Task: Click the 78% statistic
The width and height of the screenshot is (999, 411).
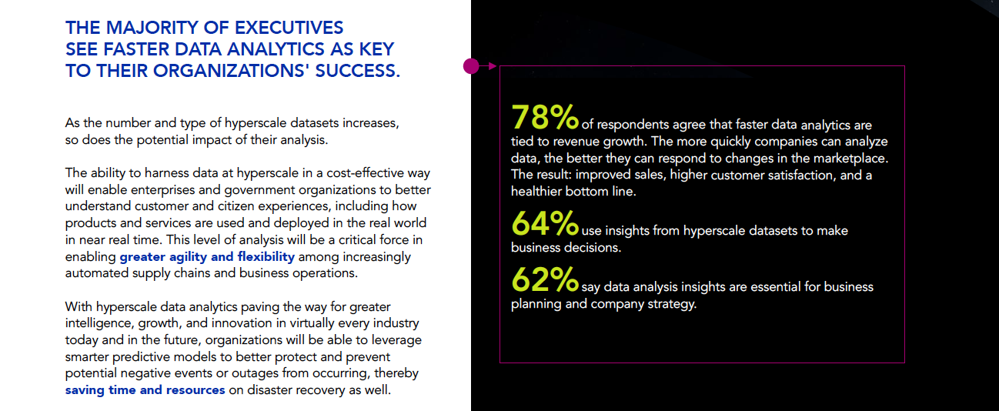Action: click(x=545, y=117)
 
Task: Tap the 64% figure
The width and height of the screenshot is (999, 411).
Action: click(x=545, y=223)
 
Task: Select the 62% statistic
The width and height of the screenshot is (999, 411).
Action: click(x=545, y=279)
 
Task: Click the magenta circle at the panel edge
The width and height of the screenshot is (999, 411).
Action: click(x=471, y=66)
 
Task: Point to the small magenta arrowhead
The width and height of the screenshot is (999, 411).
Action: click(x=493, y=66)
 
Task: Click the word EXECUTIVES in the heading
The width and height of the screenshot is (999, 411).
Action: click(x=289, y=28)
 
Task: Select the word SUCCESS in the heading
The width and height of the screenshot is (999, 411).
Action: click(x=358, y=71)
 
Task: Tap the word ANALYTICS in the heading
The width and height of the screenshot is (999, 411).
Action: click(x=276, y=49)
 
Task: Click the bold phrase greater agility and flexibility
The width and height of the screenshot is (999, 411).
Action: click(x=207, y=257)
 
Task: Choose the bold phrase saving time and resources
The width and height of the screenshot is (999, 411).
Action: click(x=145, y=390)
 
